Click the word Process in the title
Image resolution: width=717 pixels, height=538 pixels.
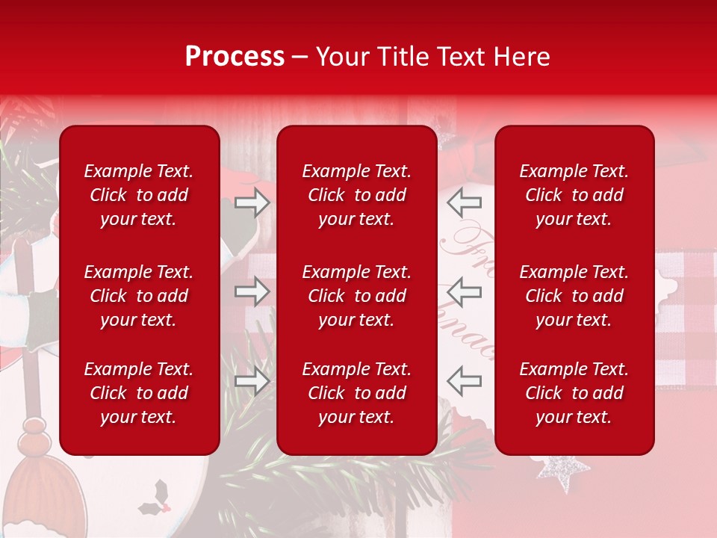click(x=235, y=57)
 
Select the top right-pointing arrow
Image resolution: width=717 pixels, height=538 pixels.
click(x=252, y=202)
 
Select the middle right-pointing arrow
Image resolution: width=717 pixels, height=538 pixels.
click(x=252, y=291)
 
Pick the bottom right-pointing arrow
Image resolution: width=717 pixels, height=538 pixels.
click(x=252, y=381)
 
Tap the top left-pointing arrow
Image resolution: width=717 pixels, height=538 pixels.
click(x=465, y=202)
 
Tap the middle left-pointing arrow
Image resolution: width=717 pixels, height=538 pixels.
click(x=465, y=291)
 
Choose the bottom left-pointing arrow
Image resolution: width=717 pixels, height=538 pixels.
click(x=465, y=381)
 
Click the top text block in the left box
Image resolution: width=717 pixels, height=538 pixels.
click(x=139, y=195)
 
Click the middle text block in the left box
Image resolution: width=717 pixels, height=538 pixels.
click(x=139, y=296)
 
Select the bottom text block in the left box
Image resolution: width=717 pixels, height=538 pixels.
click(x=139, y=393)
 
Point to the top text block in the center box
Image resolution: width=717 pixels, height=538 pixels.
click(x=356, y=195)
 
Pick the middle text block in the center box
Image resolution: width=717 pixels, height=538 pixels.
click(x=356, y=296)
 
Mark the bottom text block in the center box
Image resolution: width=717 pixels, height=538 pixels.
click(x=356, y=393)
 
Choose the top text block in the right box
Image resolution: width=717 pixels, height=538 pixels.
click(x=574, y=195)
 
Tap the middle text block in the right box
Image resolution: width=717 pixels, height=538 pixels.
click(x=574, y=296)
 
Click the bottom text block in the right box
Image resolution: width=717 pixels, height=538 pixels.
click(x=574, y=393)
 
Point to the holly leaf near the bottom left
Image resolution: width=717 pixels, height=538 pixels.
click(x=157, y=496)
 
